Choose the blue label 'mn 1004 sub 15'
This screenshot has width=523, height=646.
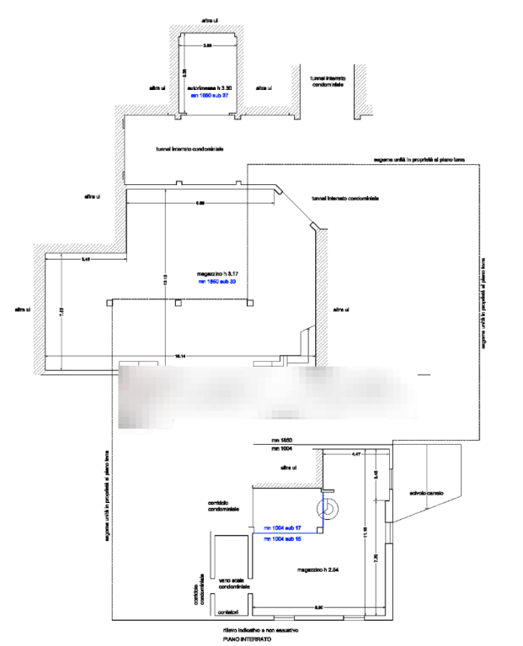pyautogui.click(x=283, y=537)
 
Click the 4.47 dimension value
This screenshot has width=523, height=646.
pyautogui.click(x=356, y=454)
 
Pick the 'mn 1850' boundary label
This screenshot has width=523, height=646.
pyautogui.click(x=281, y=441)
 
